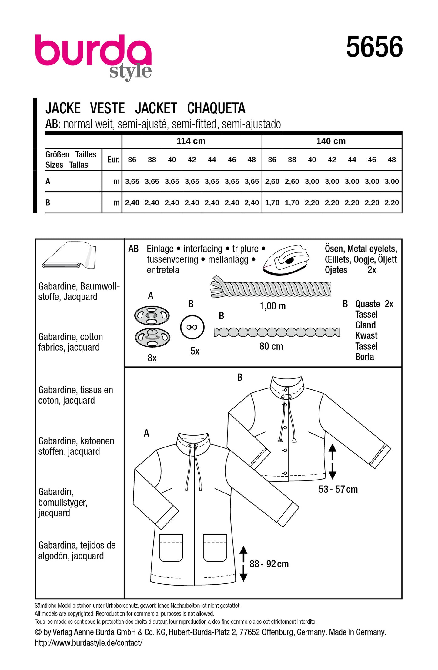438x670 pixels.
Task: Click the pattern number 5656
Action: [374, 47]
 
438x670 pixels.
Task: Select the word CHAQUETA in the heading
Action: [216, 108]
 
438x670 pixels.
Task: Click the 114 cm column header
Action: [191, 141]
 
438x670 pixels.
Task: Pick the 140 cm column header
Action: [331, 141]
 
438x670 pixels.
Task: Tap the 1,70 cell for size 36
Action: [272, 203]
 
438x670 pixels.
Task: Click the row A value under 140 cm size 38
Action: [292, 182]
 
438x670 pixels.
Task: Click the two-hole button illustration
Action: [192, 327]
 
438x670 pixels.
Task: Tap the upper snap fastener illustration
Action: [152, 315]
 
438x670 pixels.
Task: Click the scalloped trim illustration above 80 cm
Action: [276, 332]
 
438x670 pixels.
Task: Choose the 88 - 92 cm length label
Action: [269, 564]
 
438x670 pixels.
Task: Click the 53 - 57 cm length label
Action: [338, 489]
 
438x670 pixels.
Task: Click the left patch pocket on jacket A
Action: [171, 548]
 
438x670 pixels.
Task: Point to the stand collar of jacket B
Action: [287, 386]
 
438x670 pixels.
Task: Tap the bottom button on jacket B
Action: [285, 473]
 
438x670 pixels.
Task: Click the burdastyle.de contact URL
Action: [89, 643]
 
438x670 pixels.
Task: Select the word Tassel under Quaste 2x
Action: [366, 315]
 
